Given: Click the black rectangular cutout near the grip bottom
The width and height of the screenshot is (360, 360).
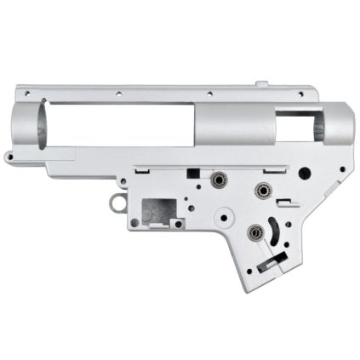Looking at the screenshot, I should pos(271,266).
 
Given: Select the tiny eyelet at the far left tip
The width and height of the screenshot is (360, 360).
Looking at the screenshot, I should pos(8,157).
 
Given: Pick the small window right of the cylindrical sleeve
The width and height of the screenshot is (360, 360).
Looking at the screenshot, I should pos(294,128).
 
